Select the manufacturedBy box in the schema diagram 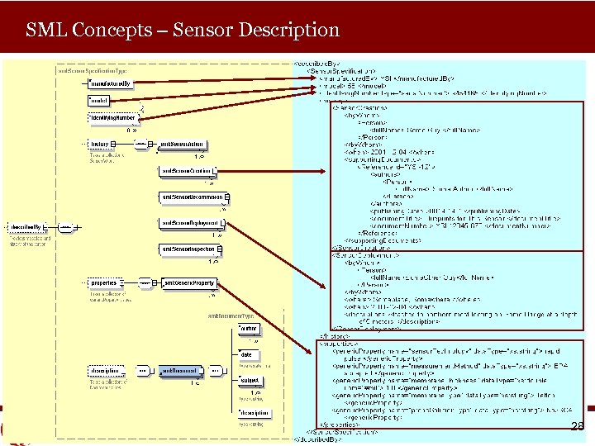coord(112,83)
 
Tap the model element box coord(99,101)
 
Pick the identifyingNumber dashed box coord(112,118)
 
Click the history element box coord(99,145)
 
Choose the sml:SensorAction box coord(182,145)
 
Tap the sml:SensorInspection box coord(190,248)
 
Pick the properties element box coord(104,283)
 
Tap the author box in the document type coord(248,329)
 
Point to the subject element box coord(249,381)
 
